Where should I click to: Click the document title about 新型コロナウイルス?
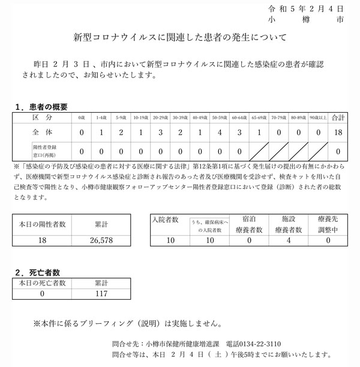point(180,37)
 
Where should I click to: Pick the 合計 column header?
point(338,118)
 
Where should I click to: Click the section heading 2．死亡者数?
point(41,272)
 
